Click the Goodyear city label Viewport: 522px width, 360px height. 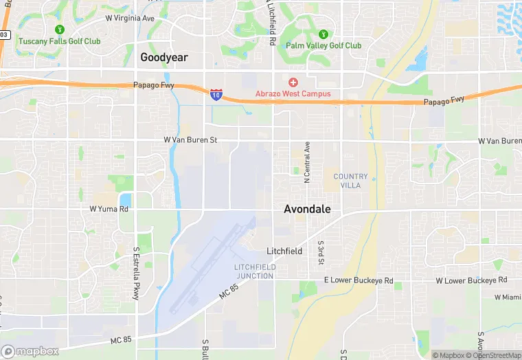(164, 58)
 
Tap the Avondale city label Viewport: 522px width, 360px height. (307, 209)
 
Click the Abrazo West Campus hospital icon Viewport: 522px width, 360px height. (293, 82)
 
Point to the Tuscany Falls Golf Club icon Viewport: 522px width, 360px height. (60, 30)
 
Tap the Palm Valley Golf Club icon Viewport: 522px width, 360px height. (324, 34)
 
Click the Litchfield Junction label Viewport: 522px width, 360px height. (254, 271)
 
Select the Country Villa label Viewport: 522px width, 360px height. (350, 181)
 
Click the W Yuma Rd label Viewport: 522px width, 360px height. (109, 209)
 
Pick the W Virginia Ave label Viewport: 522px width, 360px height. (130, 19)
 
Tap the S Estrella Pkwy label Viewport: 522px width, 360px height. (135, 273)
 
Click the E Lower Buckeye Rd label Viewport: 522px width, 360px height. (359, 281)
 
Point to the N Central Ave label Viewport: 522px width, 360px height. (307, 162)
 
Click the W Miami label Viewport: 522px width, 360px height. (507, 297)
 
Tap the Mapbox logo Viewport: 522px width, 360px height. (30, 351)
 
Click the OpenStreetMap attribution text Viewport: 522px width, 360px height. (493, 355)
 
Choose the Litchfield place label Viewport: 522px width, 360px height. (284, 251)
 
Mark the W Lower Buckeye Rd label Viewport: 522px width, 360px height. (471, 280)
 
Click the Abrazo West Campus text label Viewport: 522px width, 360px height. (293, 93)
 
